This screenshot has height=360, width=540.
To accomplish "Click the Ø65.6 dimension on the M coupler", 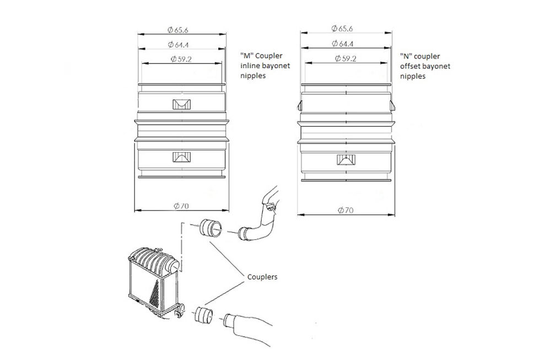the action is click(x=178, y=30).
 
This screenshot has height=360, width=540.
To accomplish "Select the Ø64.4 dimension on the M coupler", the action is click(x=179, y=45).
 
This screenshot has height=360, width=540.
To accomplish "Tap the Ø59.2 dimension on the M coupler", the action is click(x=181, y=59).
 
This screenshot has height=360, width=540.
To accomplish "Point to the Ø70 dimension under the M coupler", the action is click(x=181, y=206).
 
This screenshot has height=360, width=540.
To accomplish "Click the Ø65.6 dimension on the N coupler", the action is click(x=342, y=29).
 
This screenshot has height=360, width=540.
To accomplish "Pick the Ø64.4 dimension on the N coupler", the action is click(x=343, y=44).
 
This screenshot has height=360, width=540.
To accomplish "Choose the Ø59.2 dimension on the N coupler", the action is click(x=345, y=58).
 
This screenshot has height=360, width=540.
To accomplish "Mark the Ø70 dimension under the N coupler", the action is click(x=345, y=210).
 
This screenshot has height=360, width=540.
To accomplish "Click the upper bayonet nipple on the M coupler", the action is click(x=181, y=104).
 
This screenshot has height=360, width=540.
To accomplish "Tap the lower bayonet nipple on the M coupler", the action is click(x=181, y=157).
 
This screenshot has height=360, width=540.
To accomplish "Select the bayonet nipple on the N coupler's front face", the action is click(x=346, y=159).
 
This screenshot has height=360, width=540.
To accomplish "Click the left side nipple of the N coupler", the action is click(x=300, y=105).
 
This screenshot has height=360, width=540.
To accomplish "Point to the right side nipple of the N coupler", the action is click(x=392, y=105).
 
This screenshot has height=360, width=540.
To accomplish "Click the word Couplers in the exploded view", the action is click(x=262, y=277).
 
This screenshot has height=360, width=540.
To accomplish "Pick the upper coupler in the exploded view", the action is click(x=210, y=228).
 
